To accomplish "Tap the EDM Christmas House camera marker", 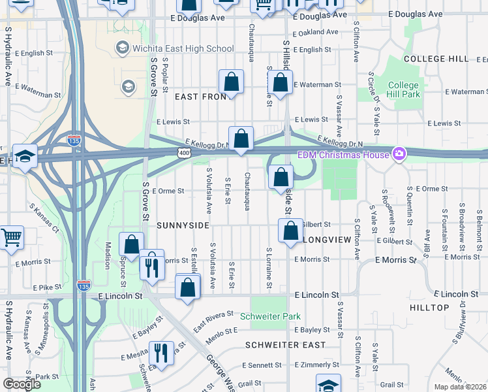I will point(397,154).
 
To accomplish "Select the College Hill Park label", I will point(403,90).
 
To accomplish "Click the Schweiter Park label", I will point(270,316).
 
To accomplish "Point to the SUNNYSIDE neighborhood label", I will point(183,225).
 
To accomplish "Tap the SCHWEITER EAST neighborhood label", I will point(285,344).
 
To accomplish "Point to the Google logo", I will point(22,384).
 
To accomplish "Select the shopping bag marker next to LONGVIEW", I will point(290,230).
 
